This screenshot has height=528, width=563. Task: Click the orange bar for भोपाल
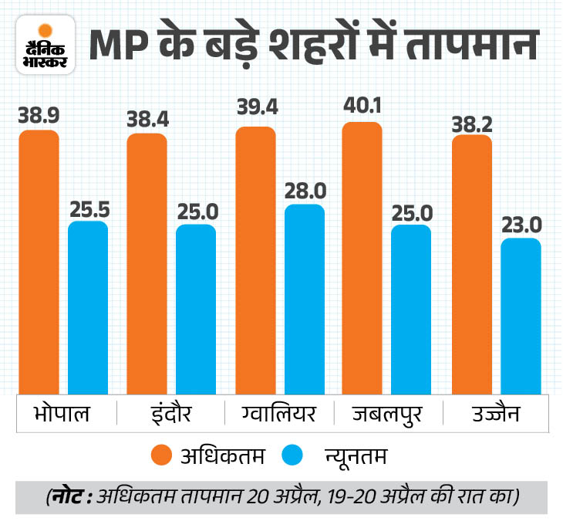[39, 262]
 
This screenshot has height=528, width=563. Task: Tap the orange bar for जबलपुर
[362, 259]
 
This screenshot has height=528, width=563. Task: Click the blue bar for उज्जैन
[521, 316]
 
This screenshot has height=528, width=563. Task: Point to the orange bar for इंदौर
[147, 264]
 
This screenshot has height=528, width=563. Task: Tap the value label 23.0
[522, 223]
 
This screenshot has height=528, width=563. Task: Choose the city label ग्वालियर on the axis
[273, 415]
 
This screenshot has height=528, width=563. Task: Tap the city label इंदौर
[165, 415]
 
